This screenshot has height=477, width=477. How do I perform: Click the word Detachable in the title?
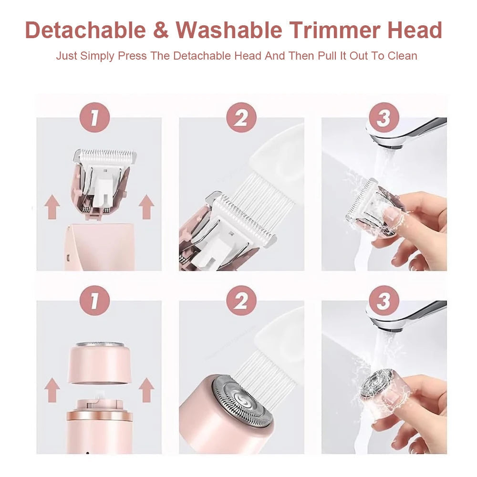coord(85,31)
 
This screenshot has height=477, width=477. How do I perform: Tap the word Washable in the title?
coord(229,31)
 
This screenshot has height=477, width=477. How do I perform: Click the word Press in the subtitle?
coord(130,56)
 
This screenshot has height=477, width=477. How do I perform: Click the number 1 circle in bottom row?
coord(94,301)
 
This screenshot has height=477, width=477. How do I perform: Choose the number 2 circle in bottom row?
coord(241,301)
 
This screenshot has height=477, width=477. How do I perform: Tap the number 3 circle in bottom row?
coord(384,301)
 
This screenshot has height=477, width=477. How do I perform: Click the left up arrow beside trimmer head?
coord(52,208)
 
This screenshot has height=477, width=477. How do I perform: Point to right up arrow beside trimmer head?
coord(146,208)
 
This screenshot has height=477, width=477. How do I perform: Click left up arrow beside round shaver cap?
coord(52,390)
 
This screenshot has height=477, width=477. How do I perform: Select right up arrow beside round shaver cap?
coord(146,390)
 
